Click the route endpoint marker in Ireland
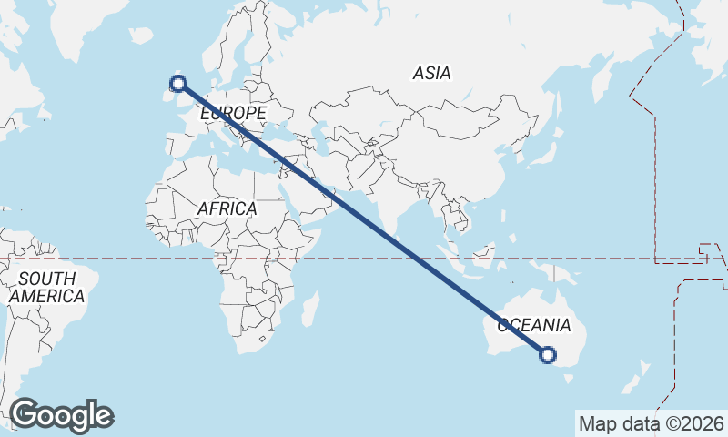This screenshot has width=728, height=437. click(x=178, y=84)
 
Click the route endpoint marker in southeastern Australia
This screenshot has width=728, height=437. click(x=547, y=355)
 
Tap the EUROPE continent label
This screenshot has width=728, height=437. click(x=233, y=113)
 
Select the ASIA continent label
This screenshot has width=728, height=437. click(x=431, y=73)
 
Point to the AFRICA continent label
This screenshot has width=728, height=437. click(x=227, y=208)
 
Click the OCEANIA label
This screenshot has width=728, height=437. click(x=533, y=325)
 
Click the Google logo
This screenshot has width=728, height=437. click(x=62, y=415)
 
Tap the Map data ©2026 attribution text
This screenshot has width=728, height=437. click(x=651, y=423)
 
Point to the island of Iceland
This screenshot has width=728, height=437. click(x=141, y=36)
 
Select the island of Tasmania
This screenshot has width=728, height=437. click(x=571, y=377)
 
